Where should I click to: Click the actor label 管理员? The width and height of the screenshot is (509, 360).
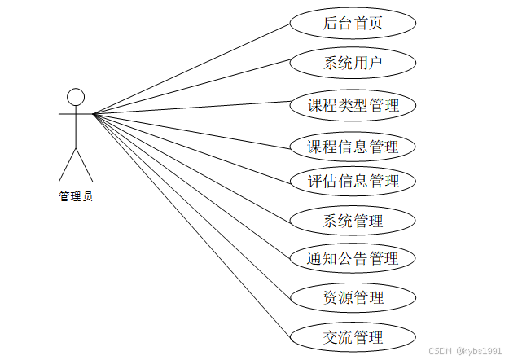pyautogui.click(x=76, y=196)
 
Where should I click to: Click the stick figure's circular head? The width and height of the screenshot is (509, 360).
pyautogui.click(x=76, y=98)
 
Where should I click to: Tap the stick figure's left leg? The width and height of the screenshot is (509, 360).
pyautogui.click(x=67, y=165)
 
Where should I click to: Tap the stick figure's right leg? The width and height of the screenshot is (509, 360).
pyautogui.click(x=85, y=165)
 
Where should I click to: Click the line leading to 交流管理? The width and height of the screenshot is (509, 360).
pyautogui.click(x=191, y=224)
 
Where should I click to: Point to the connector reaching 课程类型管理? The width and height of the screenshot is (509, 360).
pyautogui.click(x=191, y=109)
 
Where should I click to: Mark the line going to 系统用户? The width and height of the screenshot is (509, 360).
pyautogui.click(x=191, y=88)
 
